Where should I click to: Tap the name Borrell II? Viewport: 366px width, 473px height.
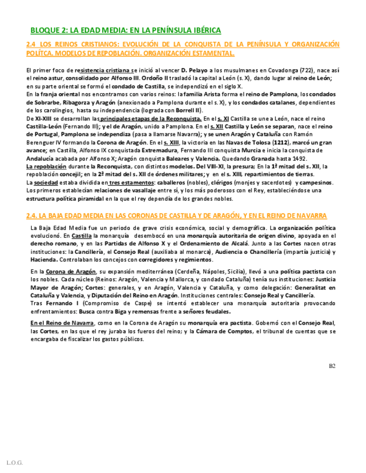pyautogui.click(x=188, y=110)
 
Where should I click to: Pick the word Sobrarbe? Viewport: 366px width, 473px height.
pyautogui.click(x=45, y=103)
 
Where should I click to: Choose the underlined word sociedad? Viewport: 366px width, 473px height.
pyautogui.click(x=45, y=182)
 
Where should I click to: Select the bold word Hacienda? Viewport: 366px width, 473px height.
pyautogui.click(x=44, y=259)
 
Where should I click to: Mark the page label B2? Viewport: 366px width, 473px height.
pyautogui.click(x=332, y=366)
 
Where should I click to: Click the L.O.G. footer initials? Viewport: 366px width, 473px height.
pyautogui.click(x=14, y=462)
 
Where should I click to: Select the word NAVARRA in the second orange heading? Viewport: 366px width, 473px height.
pyautogui.click(x=308, y=216)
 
